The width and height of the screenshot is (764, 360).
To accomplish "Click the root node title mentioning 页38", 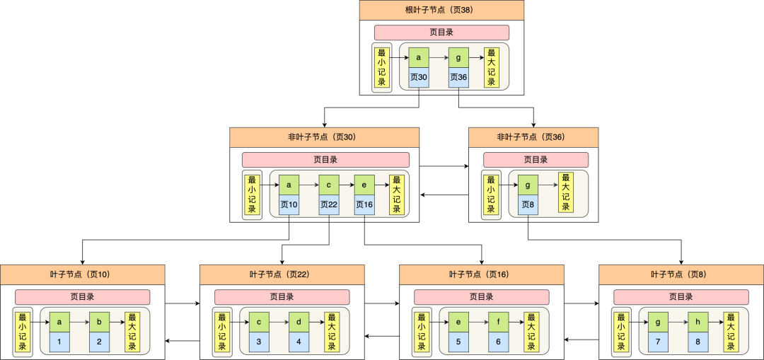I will coord(441,10).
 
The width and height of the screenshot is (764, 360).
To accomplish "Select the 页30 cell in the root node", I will coord(419,77).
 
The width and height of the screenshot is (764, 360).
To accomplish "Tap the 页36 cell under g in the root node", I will coord(458,77).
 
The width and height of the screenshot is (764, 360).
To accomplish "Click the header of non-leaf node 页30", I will coord(324,137).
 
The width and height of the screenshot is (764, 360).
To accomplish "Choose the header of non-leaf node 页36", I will coord(533,137).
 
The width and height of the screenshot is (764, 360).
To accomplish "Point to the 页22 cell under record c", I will coord(329,205).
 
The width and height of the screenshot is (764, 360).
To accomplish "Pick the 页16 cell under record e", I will coord(364,205).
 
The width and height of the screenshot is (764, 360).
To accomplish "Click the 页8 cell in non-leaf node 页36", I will coord(528,205).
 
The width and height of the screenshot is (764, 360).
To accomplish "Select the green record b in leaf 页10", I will coord(100,322).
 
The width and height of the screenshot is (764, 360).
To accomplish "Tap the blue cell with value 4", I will coord(299,342).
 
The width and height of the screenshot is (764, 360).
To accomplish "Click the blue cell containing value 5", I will coord(459,342).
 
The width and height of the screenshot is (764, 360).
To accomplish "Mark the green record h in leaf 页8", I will coord(698,322).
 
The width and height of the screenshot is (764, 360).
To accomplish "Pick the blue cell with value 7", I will coord(659,342).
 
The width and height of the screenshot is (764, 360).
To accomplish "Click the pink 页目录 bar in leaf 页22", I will coord(282,297).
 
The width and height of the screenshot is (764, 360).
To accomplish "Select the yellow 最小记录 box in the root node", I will coord(382,67).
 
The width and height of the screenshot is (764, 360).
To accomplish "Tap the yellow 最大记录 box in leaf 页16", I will coord(531,332).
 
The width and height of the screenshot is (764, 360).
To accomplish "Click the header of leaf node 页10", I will coord(82,274).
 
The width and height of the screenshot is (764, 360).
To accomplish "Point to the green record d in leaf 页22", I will coord(299,322).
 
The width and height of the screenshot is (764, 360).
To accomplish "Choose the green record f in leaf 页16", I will coord(499,322).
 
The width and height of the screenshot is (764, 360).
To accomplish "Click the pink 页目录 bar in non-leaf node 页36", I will coord(536,160).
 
